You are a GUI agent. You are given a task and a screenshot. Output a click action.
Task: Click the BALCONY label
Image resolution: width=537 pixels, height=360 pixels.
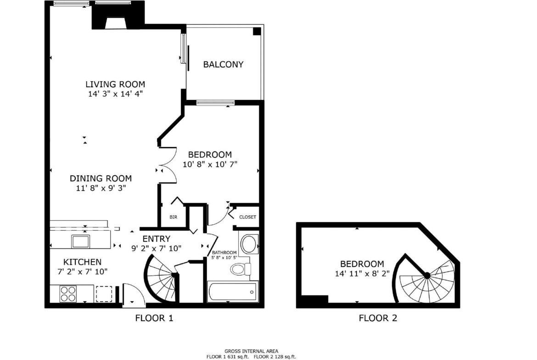(x=223, y=64)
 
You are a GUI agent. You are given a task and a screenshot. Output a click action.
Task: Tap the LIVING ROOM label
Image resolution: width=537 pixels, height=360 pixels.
(x=115, y=84)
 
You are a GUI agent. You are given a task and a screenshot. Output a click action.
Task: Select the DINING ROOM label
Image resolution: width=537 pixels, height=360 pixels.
(x=101, y=178)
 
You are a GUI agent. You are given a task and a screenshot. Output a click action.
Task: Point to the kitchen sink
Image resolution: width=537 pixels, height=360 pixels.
(x=80, y=242)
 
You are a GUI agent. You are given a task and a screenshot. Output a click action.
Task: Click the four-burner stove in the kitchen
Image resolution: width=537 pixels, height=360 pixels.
(x=68, y=294)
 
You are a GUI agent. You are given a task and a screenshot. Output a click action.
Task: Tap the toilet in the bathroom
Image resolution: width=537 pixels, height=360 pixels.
(x=241, y=269)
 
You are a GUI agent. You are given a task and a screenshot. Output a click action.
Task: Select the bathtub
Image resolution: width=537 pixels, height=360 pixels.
(x=233, y=292)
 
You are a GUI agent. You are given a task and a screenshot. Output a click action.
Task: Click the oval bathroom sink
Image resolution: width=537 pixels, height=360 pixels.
(x=249, y=244)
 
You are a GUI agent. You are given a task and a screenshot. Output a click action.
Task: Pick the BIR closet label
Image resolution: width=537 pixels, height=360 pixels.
(x=173, y=217)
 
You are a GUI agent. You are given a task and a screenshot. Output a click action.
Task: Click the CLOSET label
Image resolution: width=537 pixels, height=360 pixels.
(x=247, y=217)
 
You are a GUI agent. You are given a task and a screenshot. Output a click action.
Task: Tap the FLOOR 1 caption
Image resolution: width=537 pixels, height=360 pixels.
(x=154, y=318)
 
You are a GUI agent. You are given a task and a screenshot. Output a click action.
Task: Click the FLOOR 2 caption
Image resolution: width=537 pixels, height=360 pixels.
(x=378, y=318)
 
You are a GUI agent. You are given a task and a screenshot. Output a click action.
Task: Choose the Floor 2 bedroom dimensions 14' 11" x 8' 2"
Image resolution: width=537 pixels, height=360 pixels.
(x=362, y=273)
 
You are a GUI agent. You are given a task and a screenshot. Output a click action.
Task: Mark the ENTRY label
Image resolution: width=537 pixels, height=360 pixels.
(x=157, y=239)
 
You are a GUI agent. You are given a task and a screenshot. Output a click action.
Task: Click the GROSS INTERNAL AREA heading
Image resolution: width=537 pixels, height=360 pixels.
(x=252, y=351)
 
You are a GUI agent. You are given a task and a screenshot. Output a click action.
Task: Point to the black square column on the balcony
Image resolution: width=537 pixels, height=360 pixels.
(x=257, y=32)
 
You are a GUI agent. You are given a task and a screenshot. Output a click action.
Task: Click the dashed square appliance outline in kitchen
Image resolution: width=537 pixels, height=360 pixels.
(x=104, y=294)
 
